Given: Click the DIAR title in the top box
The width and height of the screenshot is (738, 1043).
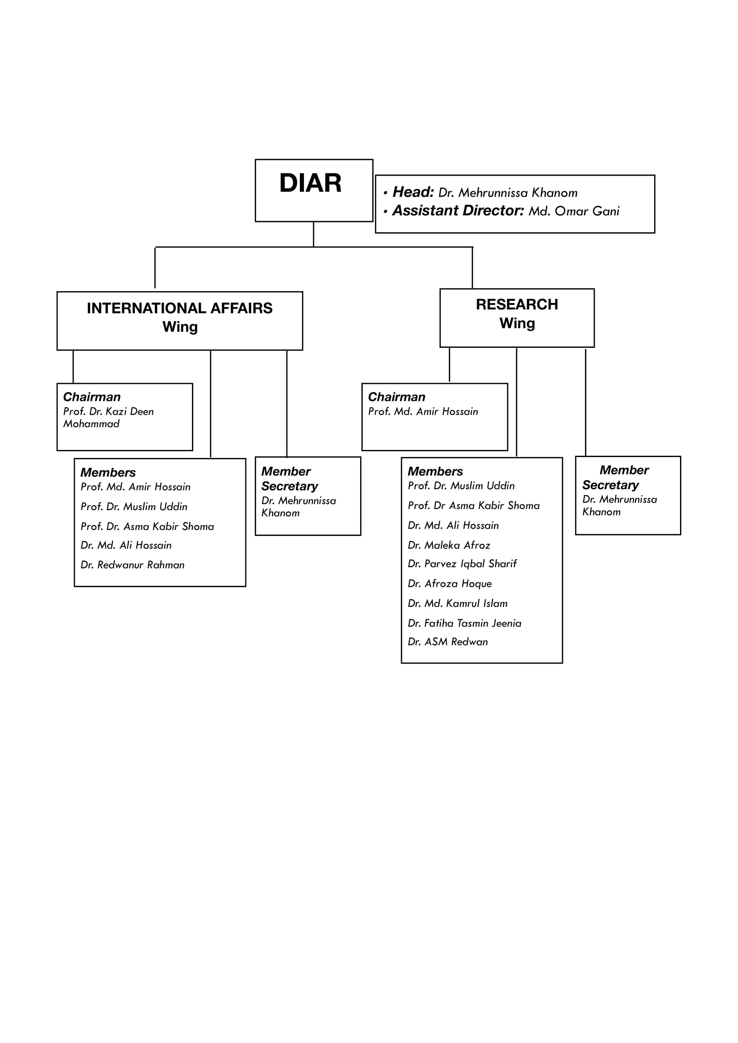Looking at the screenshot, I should [x=311, y=183].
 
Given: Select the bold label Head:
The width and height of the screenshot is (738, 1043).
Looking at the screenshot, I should [x=413, y=192].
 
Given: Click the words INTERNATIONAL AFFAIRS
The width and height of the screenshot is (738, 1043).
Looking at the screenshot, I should [x=179, y=309].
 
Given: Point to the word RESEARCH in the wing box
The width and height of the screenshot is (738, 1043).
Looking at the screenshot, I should [x=517, y=305].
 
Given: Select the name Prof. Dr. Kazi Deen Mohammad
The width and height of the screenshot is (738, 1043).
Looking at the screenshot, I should [x=108, y=417].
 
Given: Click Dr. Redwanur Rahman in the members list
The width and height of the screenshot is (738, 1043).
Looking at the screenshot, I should [x=133, y=565].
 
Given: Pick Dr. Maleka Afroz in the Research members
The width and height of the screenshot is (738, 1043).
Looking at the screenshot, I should [x=449, y=545].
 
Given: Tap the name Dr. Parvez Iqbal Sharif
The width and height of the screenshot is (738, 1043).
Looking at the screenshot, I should [x=462, y=564].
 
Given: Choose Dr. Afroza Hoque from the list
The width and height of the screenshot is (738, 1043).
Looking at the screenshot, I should [x=450, y=584].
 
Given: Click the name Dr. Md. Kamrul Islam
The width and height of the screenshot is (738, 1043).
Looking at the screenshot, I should [x=458, y=604].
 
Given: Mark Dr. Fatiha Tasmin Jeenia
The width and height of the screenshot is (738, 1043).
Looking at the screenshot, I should [x=464, y=623].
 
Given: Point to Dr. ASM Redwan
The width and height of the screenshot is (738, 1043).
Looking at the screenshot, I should [x=448, y=642].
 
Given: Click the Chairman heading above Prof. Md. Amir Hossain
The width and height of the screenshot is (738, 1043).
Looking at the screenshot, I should [x=397, y=397].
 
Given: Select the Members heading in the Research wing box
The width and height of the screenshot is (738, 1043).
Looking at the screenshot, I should [x=435, y=471].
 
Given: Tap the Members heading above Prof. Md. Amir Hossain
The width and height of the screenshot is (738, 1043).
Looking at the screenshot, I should [x=108, y=472].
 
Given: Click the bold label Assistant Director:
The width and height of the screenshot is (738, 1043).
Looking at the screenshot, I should [x=458, y=211].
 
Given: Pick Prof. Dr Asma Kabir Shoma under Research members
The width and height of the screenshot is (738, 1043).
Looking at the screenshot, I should [x=473, y=506].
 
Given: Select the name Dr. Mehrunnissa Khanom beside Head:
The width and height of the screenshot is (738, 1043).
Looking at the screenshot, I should [x=508, y=193].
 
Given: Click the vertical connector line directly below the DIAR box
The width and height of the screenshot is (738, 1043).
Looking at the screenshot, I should [x=313, y=235].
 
